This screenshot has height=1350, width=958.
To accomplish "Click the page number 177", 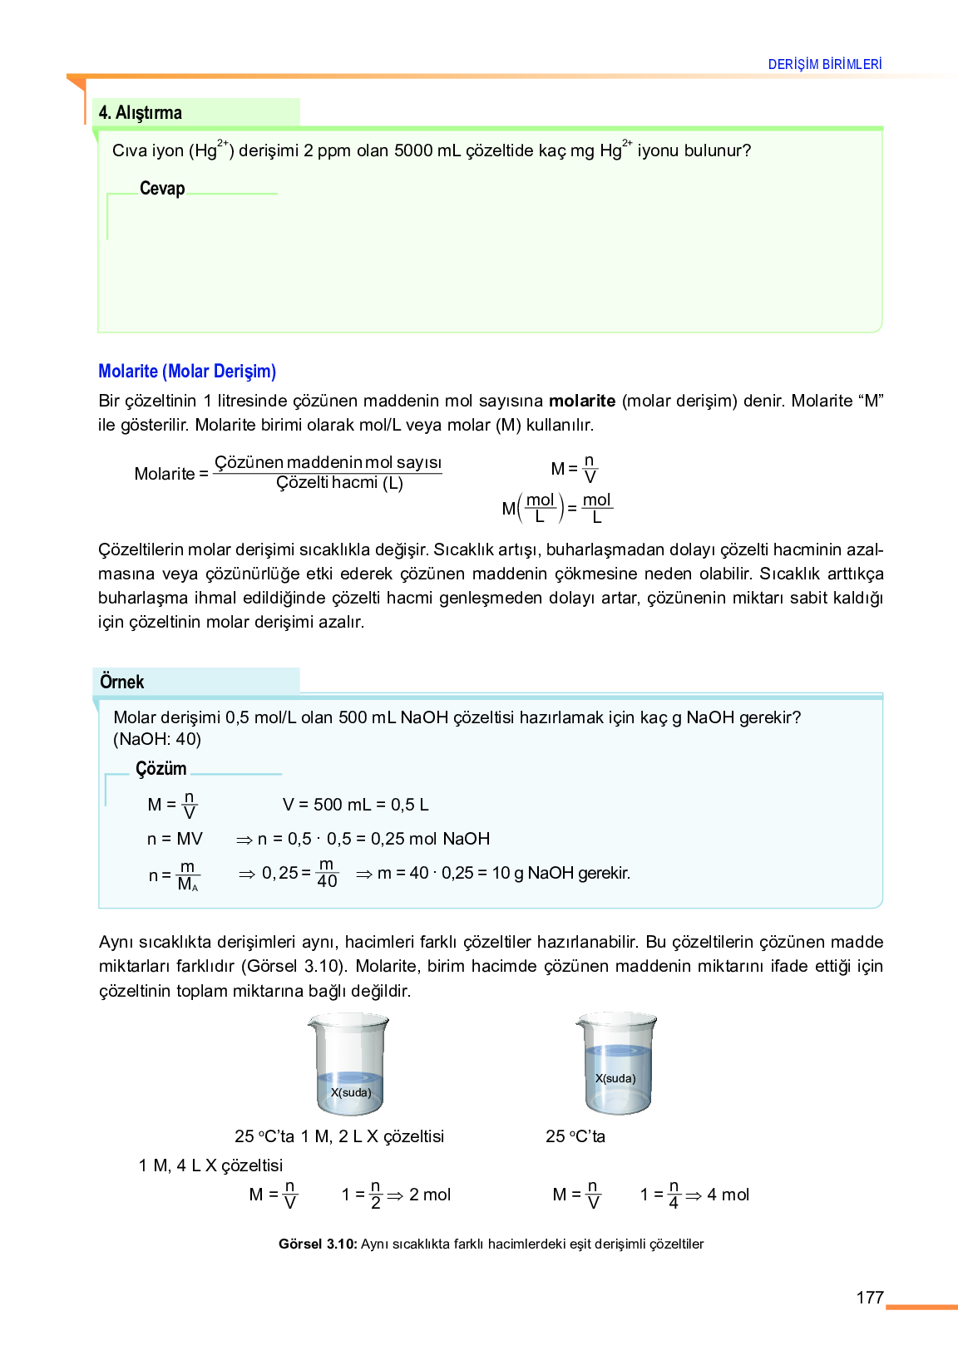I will click(869, 1297).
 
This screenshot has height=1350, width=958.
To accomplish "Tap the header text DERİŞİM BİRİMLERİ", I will click(824, 64).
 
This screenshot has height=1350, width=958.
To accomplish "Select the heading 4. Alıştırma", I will click(141, 112).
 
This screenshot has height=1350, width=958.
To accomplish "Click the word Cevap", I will click(162, 189).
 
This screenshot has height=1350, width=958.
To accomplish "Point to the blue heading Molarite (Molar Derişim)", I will click(187, 371).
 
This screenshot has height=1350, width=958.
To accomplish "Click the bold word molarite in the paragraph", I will click(582, 401).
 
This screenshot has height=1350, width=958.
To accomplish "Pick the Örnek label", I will click(122, 682).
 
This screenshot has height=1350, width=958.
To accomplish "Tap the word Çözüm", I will click(161, 768).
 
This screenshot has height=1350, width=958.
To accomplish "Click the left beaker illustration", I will click(349, 1063).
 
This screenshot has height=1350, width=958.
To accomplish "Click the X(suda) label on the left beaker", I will click(351, 1092).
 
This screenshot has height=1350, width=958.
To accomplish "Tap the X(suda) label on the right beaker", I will click(615, 1078).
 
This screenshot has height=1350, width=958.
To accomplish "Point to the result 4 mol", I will click(728, 1195).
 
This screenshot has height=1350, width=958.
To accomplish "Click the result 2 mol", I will click(430, 1195).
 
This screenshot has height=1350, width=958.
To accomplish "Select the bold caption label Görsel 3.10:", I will click(318, 1244).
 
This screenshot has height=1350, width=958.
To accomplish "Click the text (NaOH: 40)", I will click(157, 739).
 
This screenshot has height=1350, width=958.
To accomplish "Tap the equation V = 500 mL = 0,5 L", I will click(355, 804).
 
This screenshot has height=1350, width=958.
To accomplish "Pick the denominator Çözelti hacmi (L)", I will click(339, 483).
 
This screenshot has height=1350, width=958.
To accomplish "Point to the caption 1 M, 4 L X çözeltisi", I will click(210, 1165).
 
